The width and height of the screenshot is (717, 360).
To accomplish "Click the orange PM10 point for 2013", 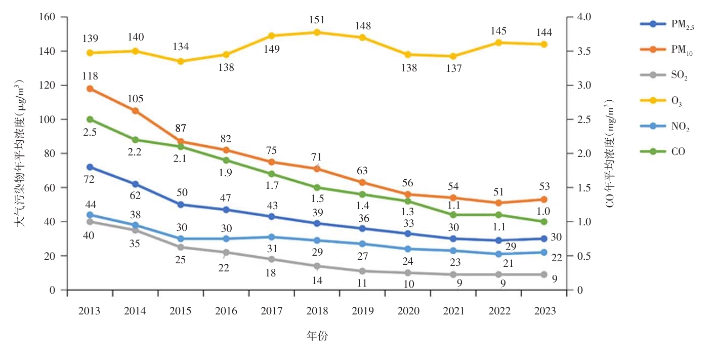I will pyautogui.click(x=90, y=89).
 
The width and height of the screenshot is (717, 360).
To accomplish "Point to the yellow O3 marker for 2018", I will pyautogui.click(x=317, y=32).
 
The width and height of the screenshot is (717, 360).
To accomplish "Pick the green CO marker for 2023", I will pyautogui.click(x=544, y=222).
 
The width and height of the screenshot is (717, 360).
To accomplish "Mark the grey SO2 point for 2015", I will pyautogui.click(x=181, y=247).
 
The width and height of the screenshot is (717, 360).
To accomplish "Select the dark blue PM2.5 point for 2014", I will pyautogui.click(x=136, y=184).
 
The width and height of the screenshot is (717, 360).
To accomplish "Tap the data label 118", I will pyautogui.click(x=90, y=76).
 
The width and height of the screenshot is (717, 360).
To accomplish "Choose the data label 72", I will pyautogui.click(x=90, y=180).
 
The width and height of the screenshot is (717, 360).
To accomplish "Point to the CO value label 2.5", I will pyautogui.click(x=90, y=132).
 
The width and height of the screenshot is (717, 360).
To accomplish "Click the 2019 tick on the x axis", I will pyautogui.click(x=362, y=311).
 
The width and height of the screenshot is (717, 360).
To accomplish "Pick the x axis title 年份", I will pyautogui.click(x=317, y=335).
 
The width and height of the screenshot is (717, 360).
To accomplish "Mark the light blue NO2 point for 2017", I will pyautogui.click(x=272, y=237).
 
